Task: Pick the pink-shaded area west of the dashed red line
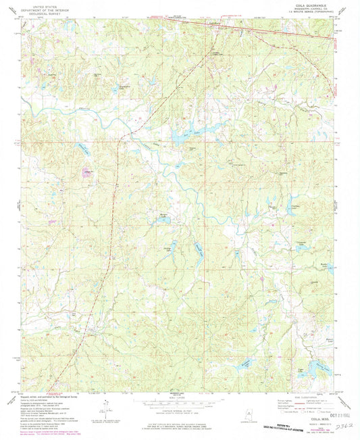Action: tap(86, 173)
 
